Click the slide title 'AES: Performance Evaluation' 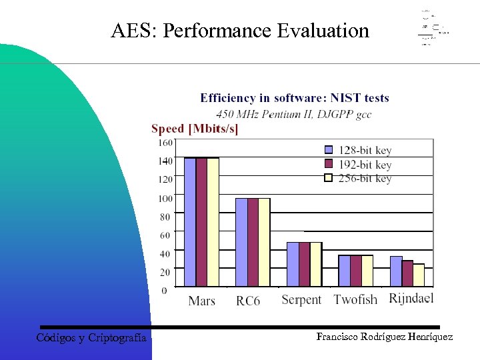[240, 31]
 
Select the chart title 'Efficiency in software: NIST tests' [294, 98]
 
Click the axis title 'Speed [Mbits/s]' [195, 129]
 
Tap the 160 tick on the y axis [164, 142]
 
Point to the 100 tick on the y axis [164, 198]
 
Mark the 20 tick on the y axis [164, 272]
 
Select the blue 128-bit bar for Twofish [344, 271]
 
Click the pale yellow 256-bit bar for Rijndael [419, 275]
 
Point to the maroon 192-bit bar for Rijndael [407, 273]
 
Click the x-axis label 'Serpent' [301, 300]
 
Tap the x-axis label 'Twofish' [355, 300]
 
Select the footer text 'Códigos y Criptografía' [91, 338]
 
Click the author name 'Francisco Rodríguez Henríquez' [385, 337]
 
